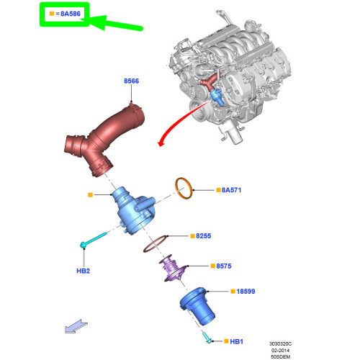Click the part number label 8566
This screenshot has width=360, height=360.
131,81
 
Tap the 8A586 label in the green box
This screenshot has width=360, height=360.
71,14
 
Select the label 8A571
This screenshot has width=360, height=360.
231,190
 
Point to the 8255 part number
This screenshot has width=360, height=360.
204,236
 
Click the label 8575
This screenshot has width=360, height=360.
224,266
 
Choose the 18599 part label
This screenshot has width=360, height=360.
246,292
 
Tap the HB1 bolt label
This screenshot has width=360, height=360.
236,341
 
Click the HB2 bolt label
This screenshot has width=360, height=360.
83,271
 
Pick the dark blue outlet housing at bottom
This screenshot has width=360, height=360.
197,306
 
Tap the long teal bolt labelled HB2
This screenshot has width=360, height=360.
93,240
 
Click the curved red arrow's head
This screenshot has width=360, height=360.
161,143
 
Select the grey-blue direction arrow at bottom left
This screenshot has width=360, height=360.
76,326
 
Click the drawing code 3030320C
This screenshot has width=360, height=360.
280,344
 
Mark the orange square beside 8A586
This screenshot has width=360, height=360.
52,14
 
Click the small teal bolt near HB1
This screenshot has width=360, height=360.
207,338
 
